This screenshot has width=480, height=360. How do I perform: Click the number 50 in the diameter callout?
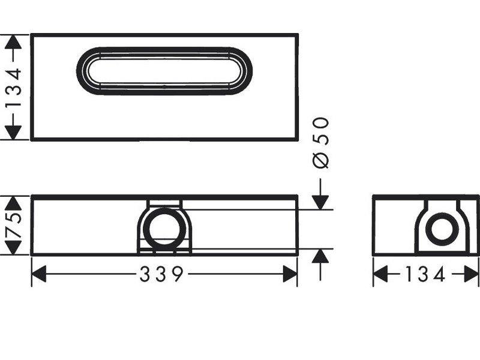point(322,131)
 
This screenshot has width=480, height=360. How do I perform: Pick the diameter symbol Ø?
point(322,160)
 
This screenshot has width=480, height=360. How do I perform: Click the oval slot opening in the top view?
point(164,70)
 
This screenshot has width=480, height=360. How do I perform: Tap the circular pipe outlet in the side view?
point(443,229)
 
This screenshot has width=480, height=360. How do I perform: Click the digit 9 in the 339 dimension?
point(176,275)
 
